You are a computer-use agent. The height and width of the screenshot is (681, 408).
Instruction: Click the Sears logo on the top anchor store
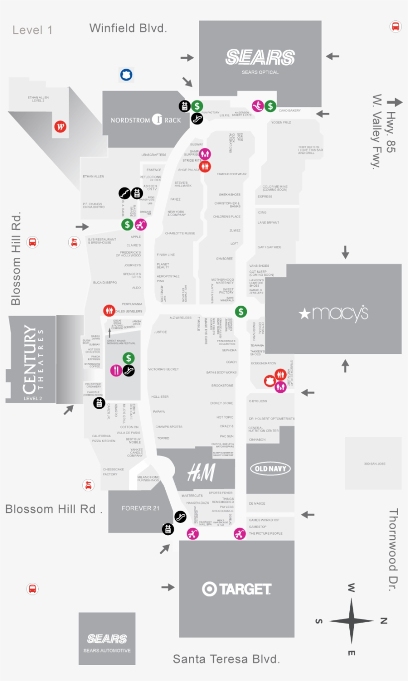[x=260, y=57]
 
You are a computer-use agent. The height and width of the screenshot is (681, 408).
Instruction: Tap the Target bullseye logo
[x=209, y=589]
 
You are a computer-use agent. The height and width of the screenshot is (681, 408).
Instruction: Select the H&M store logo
[x=201, y=472]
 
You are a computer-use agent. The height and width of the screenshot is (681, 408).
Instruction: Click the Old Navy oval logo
[x=270, y=468]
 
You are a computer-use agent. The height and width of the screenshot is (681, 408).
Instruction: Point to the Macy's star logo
[x=304, y=314]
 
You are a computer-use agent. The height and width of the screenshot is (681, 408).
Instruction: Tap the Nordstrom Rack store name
[x=146, y=120]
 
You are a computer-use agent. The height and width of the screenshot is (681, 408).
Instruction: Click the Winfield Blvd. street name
[x=128, y=28]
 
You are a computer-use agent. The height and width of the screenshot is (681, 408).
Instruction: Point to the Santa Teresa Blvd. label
[x=226, y=659]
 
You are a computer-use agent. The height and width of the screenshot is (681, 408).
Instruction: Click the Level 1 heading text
[x=32, y=30]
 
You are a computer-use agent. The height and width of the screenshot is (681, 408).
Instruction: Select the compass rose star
[x=351, y=621]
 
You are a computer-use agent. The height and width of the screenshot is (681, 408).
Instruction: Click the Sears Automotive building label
[x=107, y=642]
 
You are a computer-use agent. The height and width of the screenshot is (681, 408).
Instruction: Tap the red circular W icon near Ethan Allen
[x=60, y=127]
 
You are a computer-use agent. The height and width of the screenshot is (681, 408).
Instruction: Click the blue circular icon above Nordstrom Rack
[x=126, y=75]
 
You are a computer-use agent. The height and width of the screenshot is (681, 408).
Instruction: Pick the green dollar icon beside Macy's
[x=241, y=312]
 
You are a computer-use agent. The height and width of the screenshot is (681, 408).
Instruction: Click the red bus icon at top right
[x=396, y=26]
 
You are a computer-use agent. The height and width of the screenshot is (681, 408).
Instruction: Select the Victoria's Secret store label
[x=163, y=369]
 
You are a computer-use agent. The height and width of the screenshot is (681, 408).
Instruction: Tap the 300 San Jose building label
[x=374, y=464]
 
